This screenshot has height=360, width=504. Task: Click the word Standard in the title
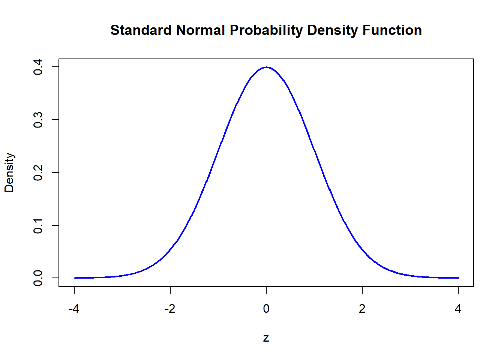tap(141, 30)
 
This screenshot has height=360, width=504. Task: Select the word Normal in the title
tap(201, 30)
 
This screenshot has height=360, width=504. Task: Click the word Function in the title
tap(392, 30)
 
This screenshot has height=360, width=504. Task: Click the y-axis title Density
tap(9, 172)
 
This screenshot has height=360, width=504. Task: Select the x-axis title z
tap(266, 338)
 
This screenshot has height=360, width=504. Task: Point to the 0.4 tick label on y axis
tap(38, 67)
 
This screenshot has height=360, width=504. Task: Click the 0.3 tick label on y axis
tap(38, 120)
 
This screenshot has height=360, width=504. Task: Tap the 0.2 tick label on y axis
tap(38, 172)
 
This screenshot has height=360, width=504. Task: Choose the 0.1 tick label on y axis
tap(38, 225)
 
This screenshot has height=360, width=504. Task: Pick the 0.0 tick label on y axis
tap(38, 278)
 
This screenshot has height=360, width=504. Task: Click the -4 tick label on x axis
tap(74, 309)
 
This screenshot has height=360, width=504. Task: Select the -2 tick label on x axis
tap(170, 309)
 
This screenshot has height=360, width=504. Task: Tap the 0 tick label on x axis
tap(266, 309)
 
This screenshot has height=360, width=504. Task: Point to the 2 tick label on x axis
tap(362, 309)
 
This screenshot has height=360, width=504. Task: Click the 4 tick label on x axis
tap(458, 309)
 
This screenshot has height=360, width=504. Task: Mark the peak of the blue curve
tap(266, 67)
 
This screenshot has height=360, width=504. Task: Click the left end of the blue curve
tap(74, 278)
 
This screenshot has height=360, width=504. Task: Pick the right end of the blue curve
tap(458, 278)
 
